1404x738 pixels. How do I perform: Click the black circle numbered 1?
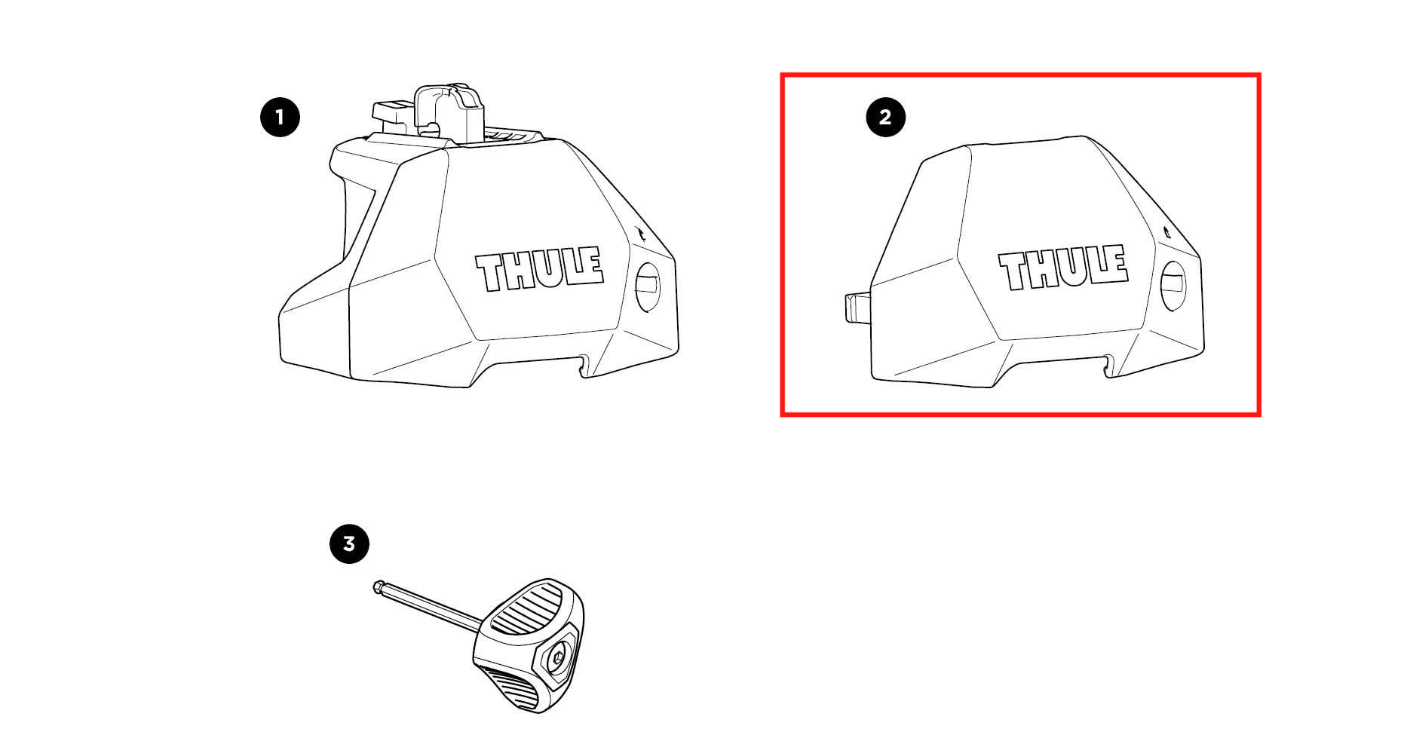click(280, 118)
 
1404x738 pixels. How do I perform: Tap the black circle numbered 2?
click(885, 118)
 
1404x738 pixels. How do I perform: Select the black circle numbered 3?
click(349, 544)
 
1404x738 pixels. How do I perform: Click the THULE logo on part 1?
click(539, 268)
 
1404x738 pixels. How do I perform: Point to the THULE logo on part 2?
click(1063, 267)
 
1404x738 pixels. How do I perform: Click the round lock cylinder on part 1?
click(648, 286)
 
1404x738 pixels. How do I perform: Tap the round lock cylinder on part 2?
click(1173, 286)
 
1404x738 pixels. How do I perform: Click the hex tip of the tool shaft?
click(379, 586)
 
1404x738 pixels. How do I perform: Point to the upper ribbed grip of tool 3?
click(526, 608)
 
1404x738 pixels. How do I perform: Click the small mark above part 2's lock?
click(1166, 232)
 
